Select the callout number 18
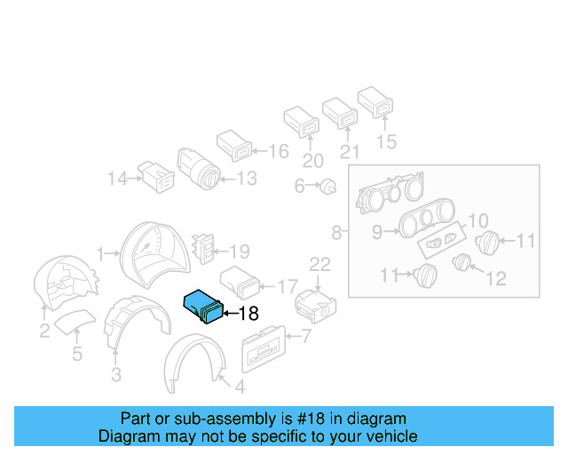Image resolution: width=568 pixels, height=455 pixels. [x=248, y=313]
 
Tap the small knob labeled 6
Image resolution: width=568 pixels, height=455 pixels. [x=329, y=186]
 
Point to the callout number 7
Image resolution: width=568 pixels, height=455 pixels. [x=306, y=337]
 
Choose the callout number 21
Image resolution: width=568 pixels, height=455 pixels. [x=350, y=152]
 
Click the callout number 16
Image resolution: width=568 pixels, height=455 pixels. [x=279, y=152]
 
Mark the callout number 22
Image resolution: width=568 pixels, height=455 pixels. [x=319, y=263]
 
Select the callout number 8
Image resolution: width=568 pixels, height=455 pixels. [x=336, y=234]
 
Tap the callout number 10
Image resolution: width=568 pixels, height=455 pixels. [x=477, y=220]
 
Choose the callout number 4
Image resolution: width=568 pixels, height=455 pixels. [x=239, y=387]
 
